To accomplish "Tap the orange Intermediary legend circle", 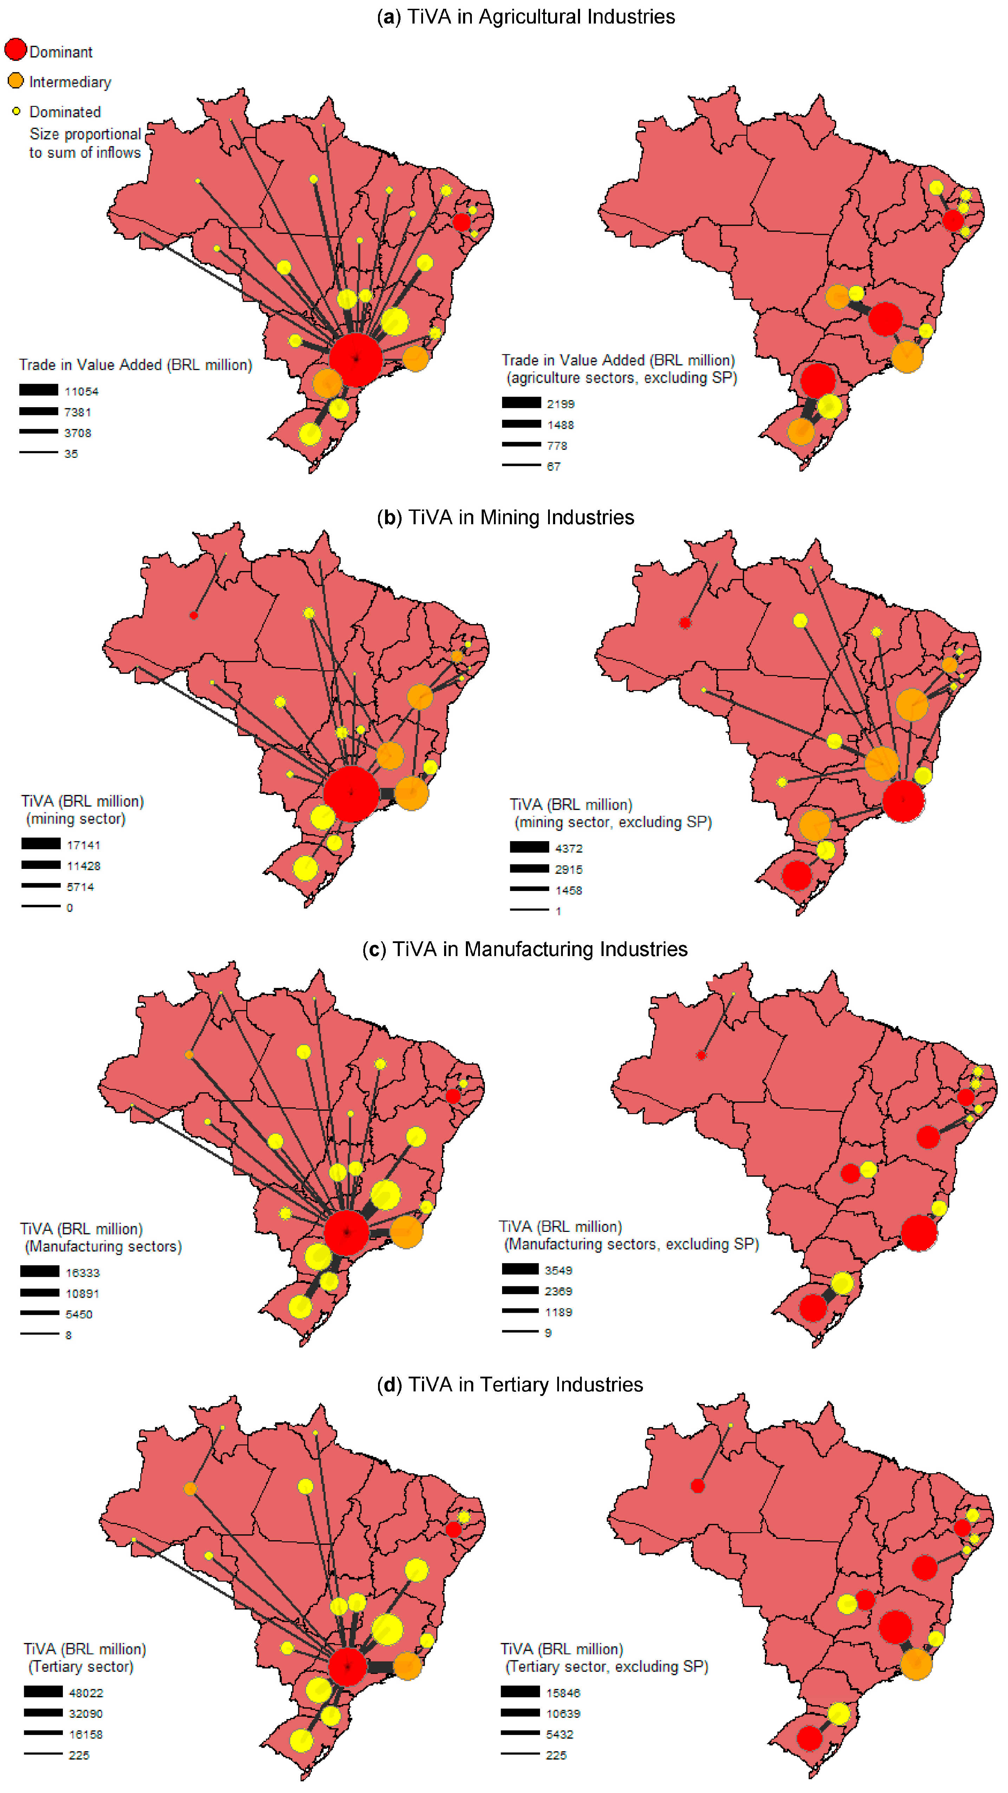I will [x=15, y=81].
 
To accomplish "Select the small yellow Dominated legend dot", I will [x=16, y=111].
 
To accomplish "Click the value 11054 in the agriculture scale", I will [x=82, y=391].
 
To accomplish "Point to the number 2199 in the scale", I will [x=560, y=404].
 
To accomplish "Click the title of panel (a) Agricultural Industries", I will [x=526, y=17].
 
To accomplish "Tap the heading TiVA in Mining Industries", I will [x=505, y=517].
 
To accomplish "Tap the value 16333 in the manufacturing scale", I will [x=83, y=1272].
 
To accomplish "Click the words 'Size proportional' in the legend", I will [x=85, y=134].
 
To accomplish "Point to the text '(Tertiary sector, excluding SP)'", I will [x=606, y=1666].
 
